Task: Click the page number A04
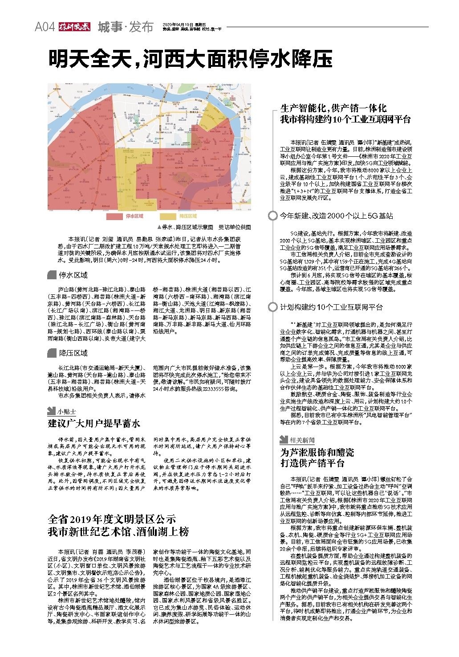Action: [x=45, y=27]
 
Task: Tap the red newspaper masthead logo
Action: [x=74, y=27]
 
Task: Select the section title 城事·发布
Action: [x=126, y=27]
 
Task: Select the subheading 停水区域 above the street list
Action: [x=73, y=275]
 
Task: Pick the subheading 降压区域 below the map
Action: [x=73, y=353]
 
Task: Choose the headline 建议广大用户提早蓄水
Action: [x=94, y=424]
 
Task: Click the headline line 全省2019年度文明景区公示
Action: [x=112, y=519]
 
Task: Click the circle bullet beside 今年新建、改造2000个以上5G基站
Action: [x=272, y=216]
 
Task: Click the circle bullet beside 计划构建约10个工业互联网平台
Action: [x=272, y=307]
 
